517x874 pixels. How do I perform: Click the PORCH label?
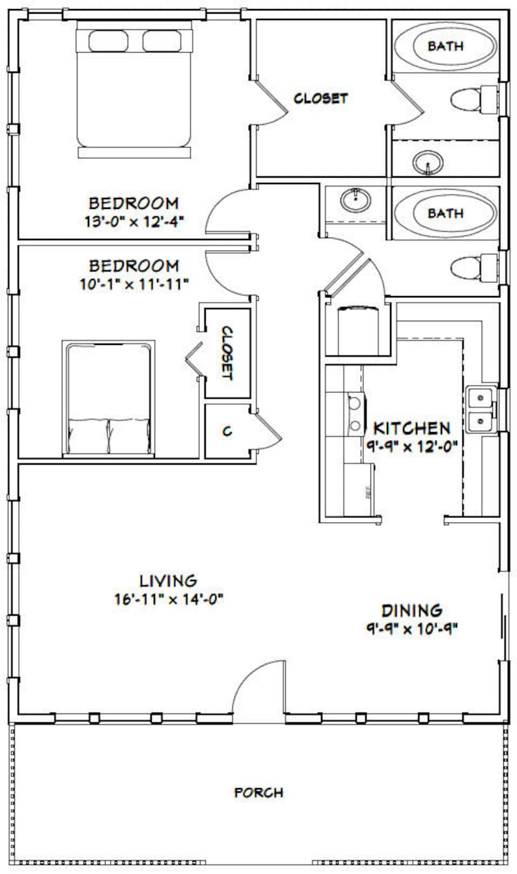point(258,793)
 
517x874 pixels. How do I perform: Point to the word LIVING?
point(168,580)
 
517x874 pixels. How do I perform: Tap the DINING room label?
point(412,610)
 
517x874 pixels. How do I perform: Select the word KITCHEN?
point(411,428)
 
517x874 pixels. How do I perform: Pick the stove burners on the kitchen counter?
point(355,415)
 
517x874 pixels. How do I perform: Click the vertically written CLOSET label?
point(227,353)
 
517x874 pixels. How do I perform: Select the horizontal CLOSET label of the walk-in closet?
point(320,99)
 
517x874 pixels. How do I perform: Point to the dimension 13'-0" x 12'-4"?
point(133,221)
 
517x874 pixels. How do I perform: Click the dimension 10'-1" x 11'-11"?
point(133,284)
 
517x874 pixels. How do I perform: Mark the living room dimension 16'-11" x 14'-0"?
point(168,599)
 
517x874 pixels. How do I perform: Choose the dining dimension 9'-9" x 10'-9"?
point(412,629)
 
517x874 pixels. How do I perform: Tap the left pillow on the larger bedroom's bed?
point(108,42)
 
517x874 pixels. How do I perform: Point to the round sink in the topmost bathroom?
point(428,161)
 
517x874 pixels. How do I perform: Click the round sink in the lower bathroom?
point(356,198)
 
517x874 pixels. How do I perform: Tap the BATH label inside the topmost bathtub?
point(445,46)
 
